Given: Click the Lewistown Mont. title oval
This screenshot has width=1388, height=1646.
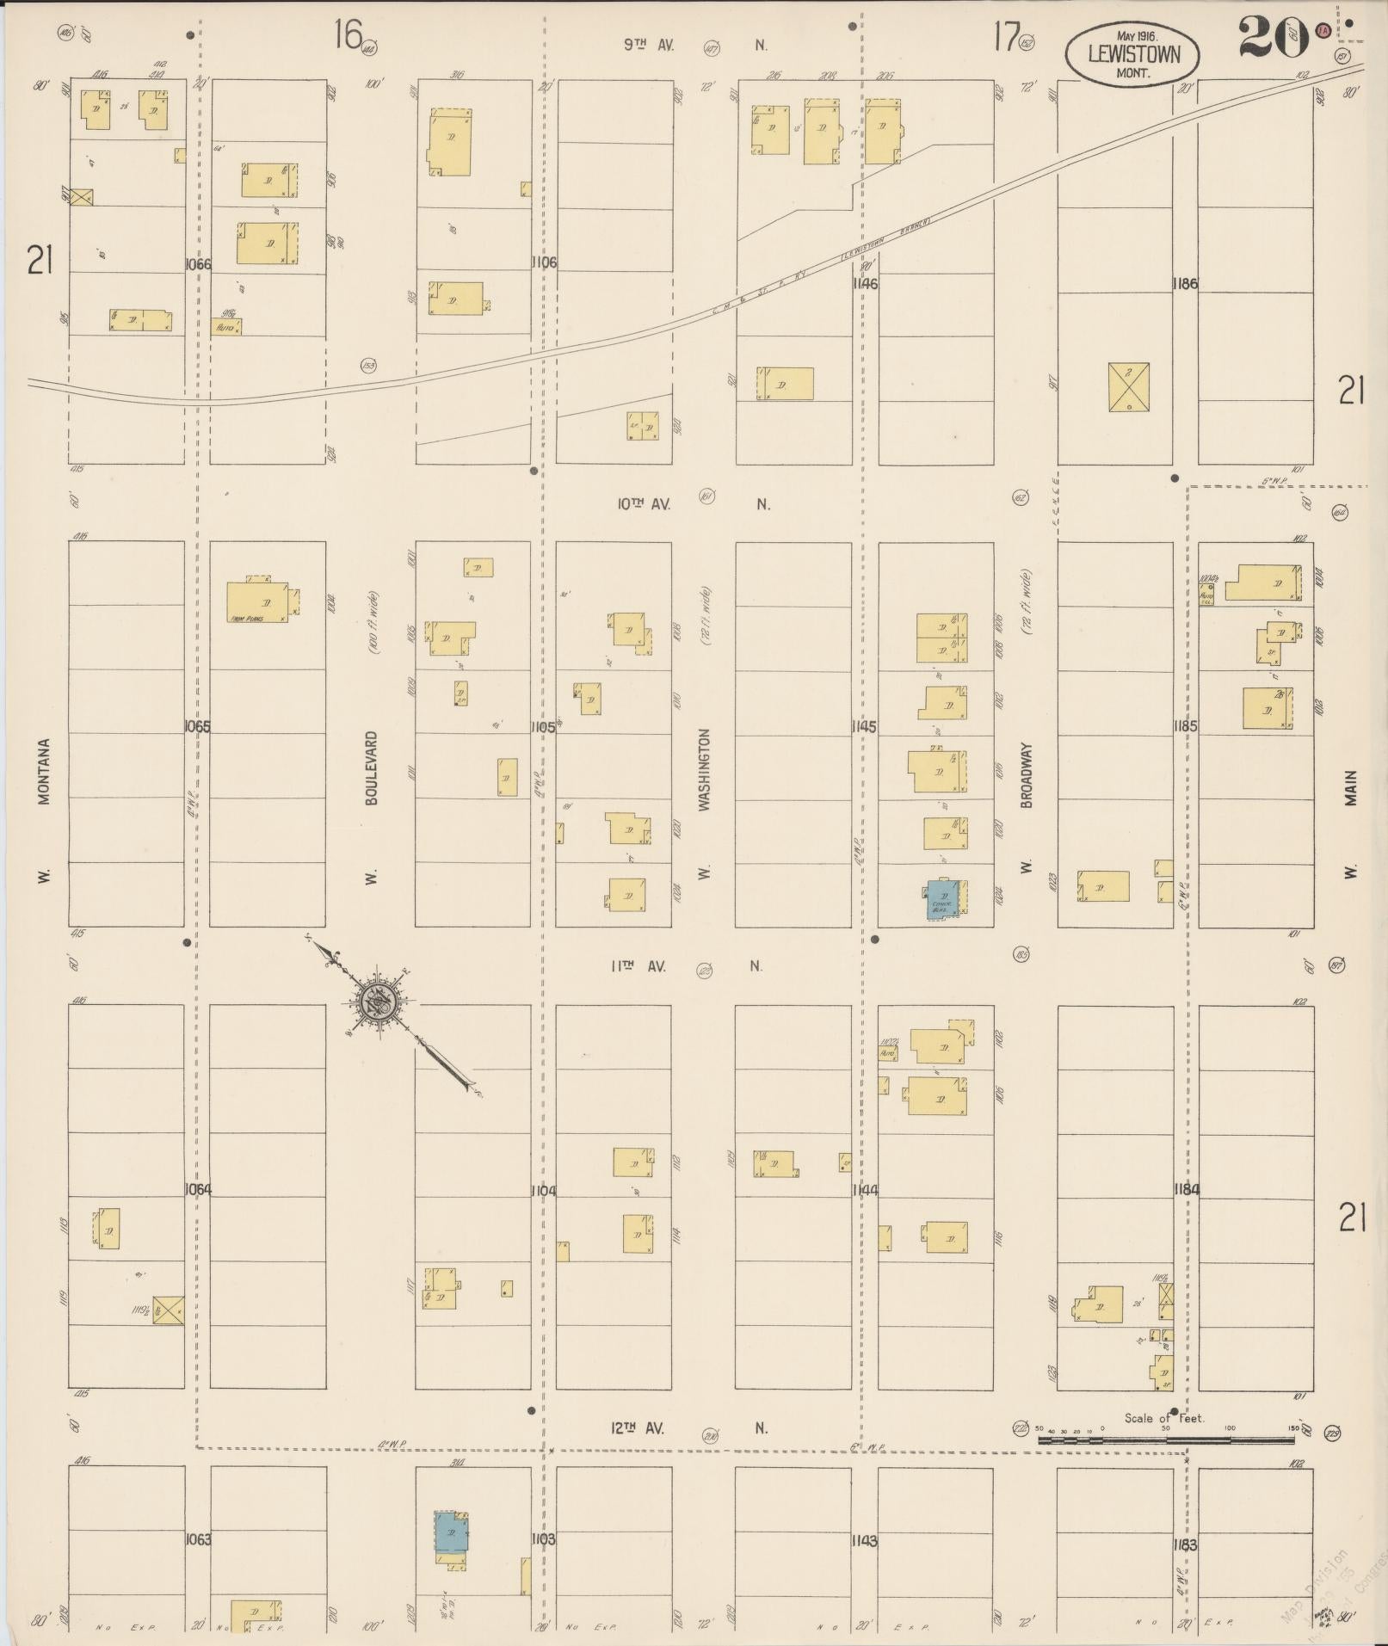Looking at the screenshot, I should [x=1133, y=54].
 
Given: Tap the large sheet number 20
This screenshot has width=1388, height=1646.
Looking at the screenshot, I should [x=1274, y=39].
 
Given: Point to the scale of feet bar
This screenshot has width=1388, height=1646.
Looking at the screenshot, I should [x=1167, y=1439].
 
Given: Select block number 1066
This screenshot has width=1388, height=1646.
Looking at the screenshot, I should [x=198, y=264].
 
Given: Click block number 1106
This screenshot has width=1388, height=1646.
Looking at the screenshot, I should [x=544, y=262].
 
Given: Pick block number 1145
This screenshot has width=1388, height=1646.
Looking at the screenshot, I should [x=864, y=727].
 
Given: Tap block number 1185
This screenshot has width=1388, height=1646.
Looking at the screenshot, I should [x=1185, y=727].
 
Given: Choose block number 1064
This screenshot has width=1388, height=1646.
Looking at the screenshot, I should [x=198, y=1189].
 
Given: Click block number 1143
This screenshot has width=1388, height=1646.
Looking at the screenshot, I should [x=864, y=1541].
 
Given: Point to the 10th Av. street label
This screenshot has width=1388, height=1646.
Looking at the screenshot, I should [x=643, y=504].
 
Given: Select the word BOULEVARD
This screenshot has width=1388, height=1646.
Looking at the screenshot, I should [x=372, y=768].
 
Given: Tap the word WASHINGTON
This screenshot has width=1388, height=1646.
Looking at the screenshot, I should [x=705, y=769].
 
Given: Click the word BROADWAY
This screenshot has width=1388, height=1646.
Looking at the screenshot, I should [x=1026, y=775].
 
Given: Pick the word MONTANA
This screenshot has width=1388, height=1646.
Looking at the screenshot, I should [x=44, y=771].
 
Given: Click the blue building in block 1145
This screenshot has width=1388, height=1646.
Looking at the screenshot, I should [x=940, y=900].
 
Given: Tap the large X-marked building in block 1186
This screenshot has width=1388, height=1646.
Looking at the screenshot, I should [x=1128, y=387].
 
